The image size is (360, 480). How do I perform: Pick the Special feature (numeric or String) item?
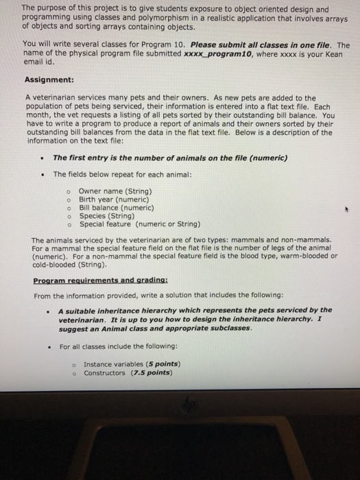139,224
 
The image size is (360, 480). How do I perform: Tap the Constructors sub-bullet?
104,373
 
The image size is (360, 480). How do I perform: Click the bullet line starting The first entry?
170,157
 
